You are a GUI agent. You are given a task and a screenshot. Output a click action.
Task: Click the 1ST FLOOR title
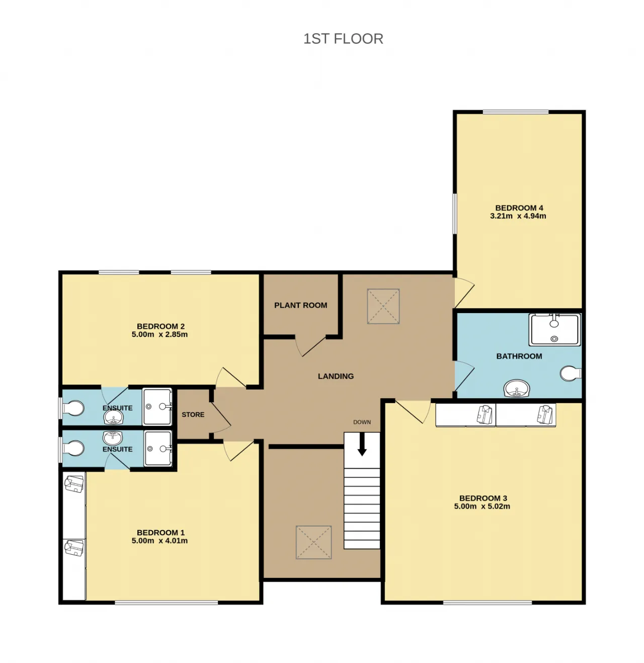[x=343, y=39]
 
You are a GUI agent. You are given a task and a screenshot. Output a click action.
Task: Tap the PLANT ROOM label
[x=300, y=305]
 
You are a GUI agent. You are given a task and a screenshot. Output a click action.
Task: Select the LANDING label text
[x=336, y=376]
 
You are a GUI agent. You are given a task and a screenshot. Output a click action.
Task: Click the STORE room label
[x=193, y=415]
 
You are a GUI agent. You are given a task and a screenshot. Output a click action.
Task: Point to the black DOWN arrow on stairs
[x=362, y=445]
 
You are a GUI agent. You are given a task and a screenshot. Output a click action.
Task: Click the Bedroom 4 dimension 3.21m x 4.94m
[x=518, y=216]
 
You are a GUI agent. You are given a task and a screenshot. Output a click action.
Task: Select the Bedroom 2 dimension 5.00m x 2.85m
[x=159, y=335]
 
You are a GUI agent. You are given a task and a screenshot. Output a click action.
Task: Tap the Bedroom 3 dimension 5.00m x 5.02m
[x=481, y=506]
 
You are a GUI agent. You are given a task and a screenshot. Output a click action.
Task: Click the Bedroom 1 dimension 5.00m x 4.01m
[x=159, y=541]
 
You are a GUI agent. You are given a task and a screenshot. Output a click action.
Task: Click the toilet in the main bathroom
[x=571, y=374]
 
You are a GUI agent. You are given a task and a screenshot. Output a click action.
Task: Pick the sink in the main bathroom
[x=517, y=389]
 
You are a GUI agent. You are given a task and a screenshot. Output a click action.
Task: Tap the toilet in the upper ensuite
[x=73, y=408]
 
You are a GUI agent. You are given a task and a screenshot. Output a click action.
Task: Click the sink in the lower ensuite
[x=113, y=438]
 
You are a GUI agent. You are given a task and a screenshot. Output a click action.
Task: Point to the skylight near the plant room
[x=383, y=306]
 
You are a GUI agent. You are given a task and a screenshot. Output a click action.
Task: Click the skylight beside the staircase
[x=313, y=542]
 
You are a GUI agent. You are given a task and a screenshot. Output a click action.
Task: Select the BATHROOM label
[x=519, y=356]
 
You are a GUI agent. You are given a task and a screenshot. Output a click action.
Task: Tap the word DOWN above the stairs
[x=362, y=422]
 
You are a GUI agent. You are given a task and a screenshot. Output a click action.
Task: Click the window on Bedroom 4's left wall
[x=454, y=214]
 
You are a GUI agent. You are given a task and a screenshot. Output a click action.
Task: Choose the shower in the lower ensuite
[x=157, y=448]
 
